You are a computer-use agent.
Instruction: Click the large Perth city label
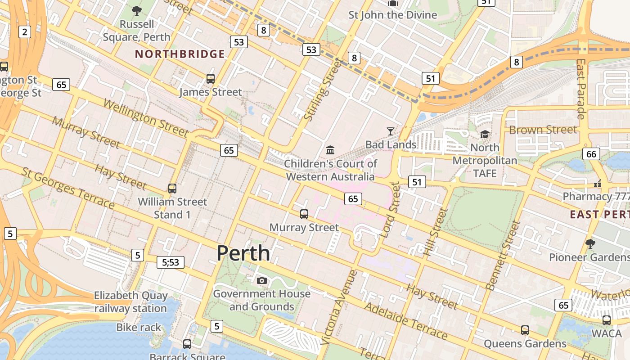point(243,253)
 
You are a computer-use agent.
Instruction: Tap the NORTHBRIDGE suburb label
point(180,54)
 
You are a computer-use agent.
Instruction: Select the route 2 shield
point(25,31)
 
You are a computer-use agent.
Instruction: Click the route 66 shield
point(591,154)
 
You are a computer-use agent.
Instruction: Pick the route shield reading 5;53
point(171,262)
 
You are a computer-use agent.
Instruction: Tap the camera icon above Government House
point(261,280)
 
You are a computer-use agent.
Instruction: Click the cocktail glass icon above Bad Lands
point(391,131)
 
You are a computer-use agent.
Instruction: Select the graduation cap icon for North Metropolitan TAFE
point(485,134)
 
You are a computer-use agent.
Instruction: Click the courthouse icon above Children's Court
point(330,149)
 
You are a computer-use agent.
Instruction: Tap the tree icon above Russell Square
point(136,10)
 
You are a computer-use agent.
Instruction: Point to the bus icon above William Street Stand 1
point(172,188)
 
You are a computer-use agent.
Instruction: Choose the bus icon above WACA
point(607,320)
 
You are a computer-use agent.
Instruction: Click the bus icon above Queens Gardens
point(525,330)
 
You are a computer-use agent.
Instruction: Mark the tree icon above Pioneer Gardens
point(590,243)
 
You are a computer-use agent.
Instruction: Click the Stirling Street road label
point(320,90)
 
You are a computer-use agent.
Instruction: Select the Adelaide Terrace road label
point(406,321)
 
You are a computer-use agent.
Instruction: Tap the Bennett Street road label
point(503,255)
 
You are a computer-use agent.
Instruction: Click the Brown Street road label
point(542,130)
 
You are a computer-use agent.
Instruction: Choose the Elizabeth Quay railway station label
point(130,302)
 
